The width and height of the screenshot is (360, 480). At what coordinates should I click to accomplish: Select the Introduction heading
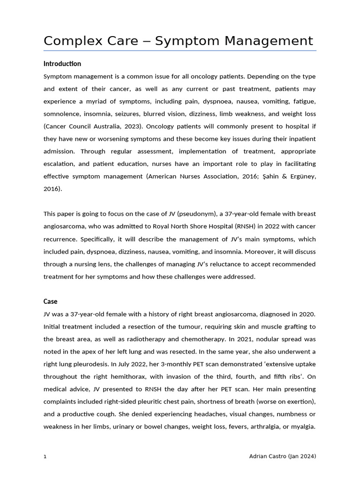pos(62,64)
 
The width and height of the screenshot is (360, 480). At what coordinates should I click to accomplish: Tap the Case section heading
pos(51,301)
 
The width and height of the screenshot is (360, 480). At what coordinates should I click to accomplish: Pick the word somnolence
pos(61,113)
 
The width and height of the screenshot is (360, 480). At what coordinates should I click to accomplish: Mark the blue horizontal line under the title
pos(180,51)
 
